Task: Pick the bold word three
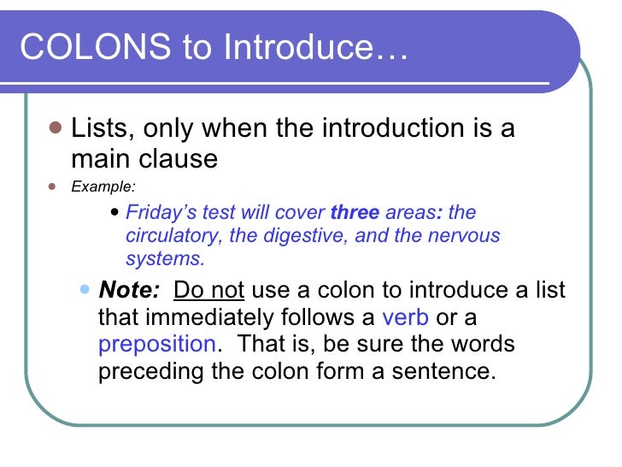click(354, 213)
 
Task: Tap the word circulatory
click(175, 236)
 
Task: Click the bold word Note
click(129, 289)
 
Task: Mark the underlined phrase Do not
click(209, 289)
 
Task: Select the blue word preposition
click(156, 345)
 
